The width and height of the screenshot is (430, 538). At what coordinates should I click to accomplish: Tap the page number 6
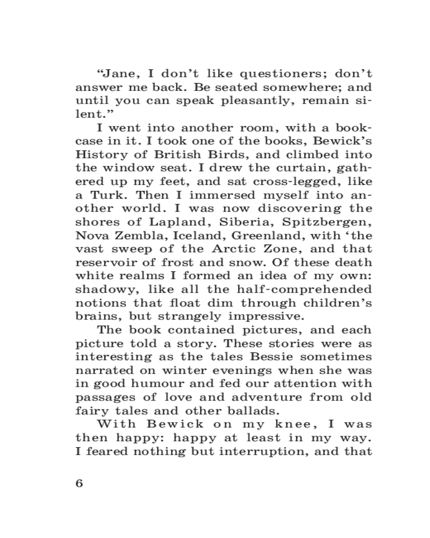point(80,483)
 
